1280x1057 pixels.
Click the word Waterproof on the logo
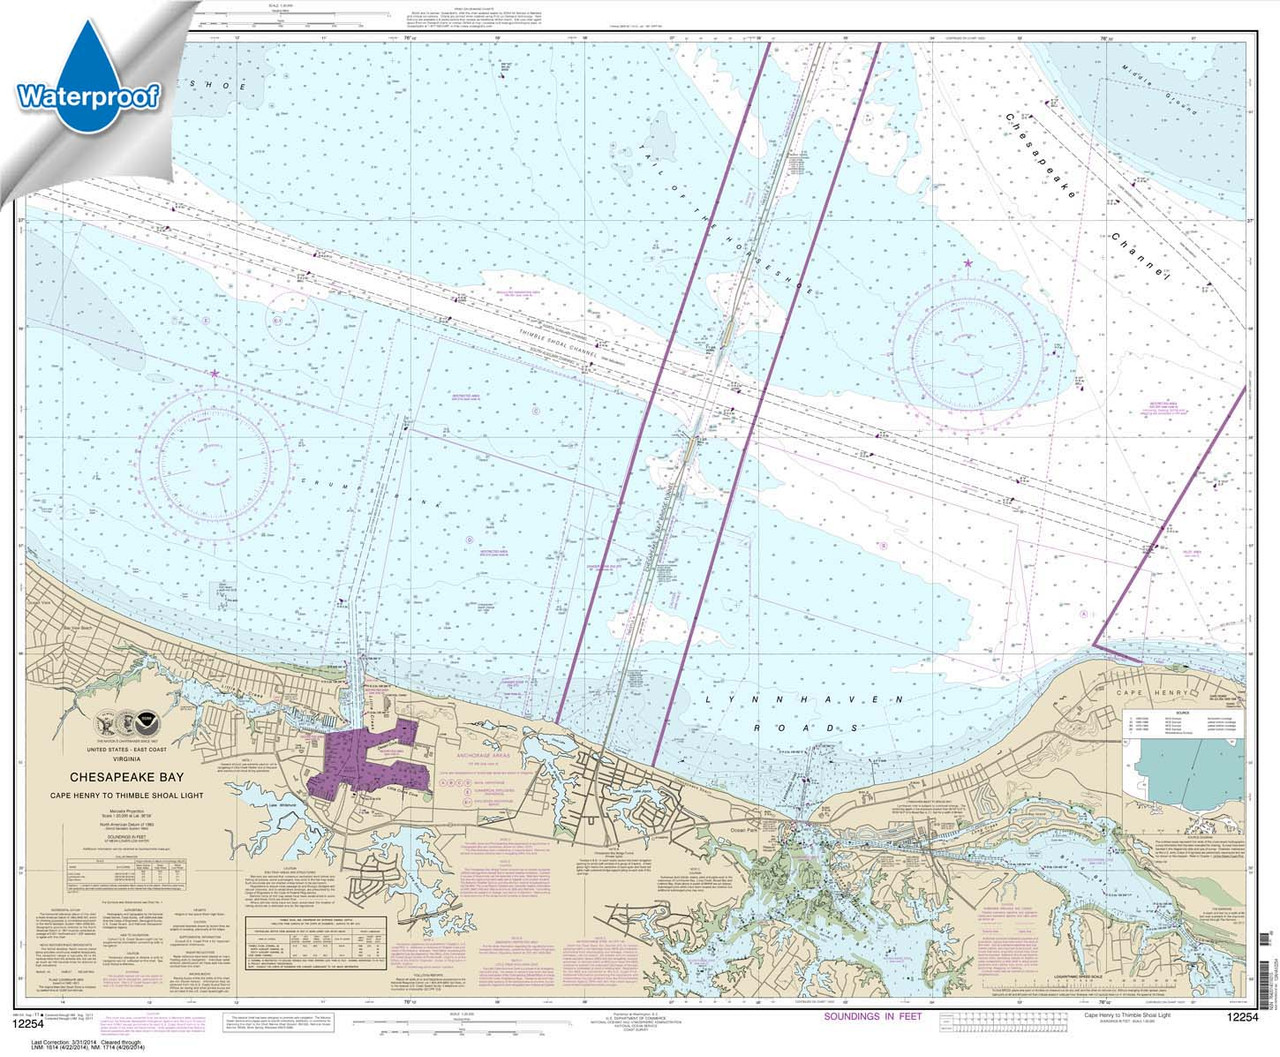(x=88, y=97)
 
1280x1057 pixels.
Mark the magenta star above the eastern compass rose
(x=967, y=264)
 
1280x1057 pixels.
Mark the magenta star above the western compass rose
(x=214, y=374)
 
